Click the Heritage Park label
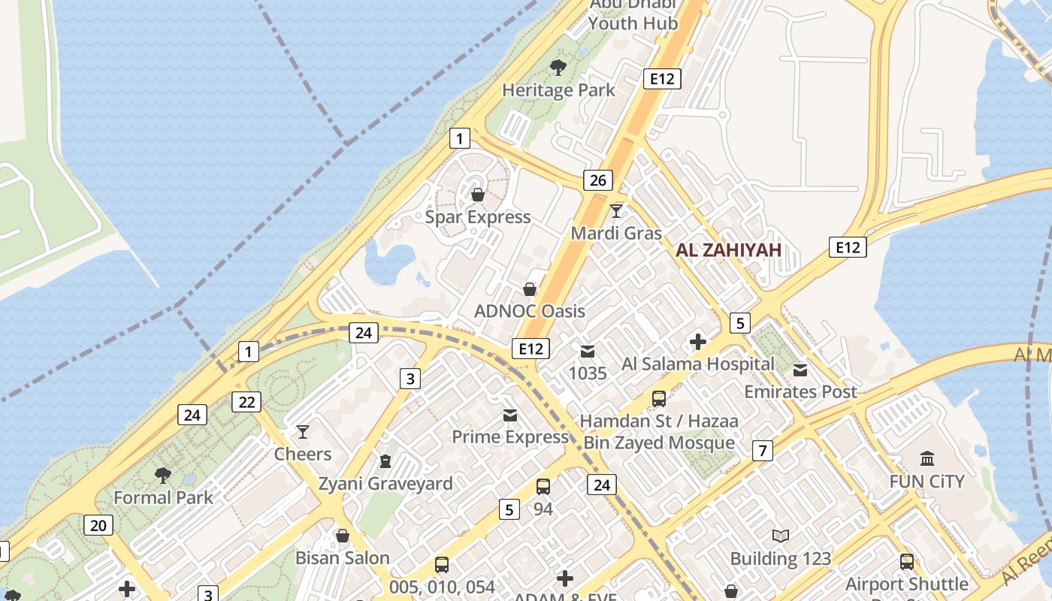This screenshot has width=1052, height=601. (x=558, y=90)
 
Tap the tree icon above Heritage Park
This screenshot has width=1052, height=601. (x=558, y=68)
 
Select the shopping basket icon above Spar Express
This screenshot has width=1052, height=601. (x=478, y=195)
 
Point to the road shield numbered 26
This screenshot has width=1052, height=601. (x=598, y=180)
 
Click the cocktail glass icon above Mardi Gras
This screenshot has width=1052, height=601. (x=616, y=210)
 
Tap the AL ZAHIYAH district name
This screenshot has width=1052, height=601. (x=728, y=250)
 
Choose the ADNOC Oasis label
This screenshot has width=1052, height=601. (x=530, y=311)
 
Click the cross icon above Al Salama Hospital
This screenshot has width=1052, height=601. (x=698, y=342)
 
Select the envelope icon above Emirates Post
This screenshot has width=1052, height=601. (x=800, y=370)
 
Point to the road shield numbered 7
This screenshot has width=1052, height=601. (x=763, y=451)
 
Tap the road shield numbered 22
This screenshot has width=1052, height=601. (x=246, y=402)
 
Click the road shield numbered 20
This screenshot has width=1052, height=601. (x=98, y=525)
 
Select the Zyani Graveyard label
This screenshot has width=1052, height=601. (x=385, y=483)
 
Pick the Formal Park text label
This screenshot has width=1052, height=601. (x=163, y=497)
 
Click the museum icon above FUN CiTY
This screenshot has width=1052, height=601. (x=927, y=458)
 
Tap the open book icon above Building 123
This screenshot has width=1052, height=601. (x=781, y=536)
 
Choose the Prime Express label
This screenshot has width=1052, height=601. (x=510, y=436)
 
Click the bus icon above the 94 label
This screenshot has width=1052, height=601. (x=543, y=486)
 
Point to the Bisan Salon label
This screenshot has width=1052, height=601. (x=343, y=558)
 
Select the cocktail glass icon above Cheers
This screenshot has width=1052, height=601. (x=303, y=431)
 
